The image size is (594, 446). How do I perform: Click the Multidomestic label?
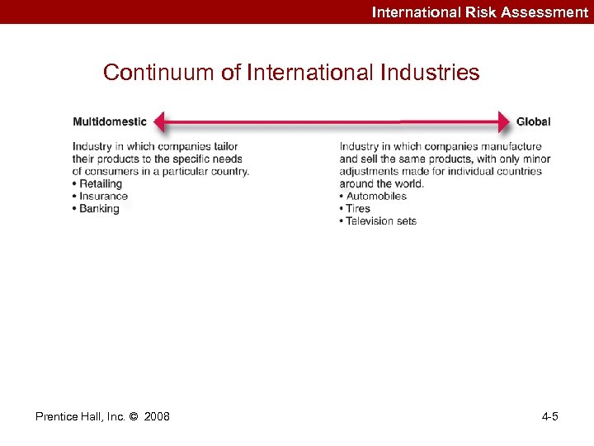(110, 121)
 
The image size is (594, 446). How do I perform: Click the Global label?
(533, 121)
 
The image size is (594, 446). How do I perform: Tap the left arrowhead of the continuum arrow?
(160, 122)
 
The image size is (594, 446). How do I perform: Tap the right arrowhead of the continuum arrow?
(504, 122)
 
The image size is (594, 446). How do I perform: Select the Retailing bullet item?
(100, 183)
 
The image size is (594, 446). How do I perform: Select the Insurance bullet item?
(103, 196)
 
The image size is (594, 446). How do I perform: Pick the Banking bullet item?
(99, 208)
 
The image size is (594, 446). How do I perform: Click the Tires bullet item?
(358, 208)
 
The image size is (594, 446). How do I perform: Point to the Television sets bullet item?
(380, 221)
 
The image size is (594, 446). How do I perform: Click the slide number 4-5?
(549, 416)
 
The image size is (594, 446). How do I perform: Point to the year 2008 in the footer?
(157, 416)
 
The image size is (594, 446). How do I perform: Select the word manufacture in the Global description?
(511, 147)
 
